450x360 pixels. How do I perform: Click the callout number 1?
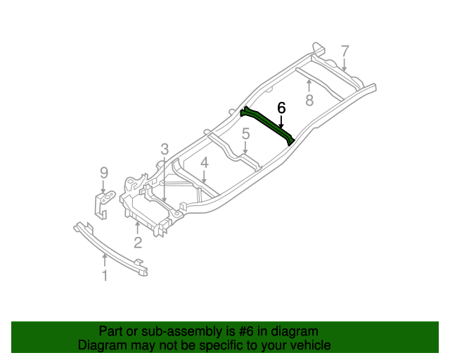(x=105, y=276)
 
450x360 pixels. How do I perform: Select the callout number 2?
(x=138, y=243)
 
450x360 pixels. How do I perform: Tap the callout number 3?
(x=164, y=149)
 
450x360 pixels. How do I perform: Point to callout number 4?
(x=204, y=163)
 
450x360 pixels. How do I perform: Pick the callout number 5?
(x=245, y=134)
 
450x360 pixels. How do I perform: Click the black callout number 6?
(x=281, y=108)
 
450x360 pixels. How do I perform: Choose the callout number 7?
(x=345, y=51)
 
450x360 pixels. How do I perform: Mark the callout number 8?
(x=309, y=101)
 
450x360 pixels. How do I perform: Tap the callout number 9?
(x=103, y=172)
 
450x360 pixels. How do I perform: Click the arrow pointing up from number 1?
(x=105, y=259)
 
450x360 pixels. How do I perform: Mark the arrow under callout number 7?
(x=345, y=65)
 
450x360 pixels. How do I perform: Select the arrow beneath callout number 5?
(x=245, y=148)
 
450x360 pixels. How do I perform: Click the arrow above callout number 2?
(x=138, y=228)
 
